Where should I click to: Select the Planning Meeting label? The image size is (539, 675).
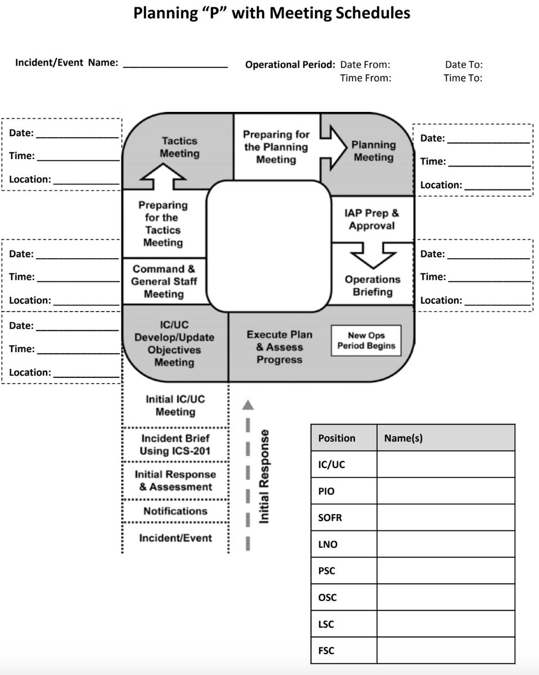coord(373,151)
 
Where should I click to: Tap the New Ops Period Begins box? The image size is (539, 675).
coord(366,340)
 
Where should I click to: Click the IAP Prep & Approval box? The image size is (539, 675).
coord(372,219)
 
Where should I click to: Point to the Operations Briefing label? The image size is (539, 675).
coord(372,286)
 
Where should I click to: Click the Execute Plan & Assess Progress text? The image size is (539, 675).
coord(279,347)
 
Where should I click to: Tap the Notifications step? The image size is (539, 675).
coord(175,511)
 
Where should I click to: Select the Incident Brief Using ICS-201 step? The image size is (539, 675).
coord(175,444)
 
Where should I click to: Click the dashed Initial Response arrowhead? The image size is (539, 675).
coord(248,404)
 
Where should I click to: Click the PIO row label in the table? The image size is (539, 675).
coord(326,491)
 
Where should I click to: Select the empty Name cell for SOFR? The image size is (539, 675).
coord(445,517)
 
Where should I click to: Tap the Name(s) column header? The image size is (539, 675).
coord(403,438)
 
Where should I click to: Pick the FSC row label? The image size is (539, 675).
coord(326,651)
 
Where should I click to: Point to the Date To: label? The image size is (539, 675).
coord(464,65)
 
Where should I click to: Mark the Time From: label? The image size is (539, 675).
coord(365,78)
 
